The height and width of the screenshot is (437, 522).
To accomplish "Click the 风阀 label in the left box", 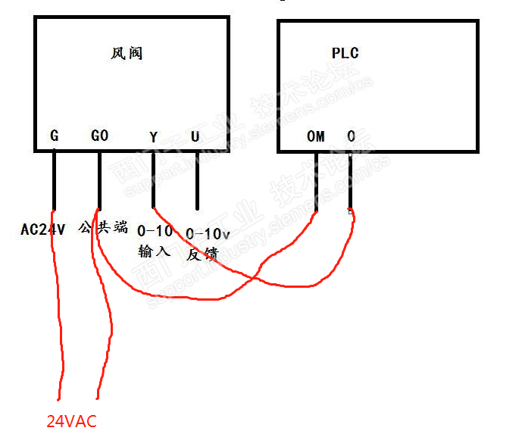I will [x=127, y=53].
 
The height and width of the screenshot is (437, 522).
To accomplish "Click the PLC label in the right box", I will [x=345, y=53].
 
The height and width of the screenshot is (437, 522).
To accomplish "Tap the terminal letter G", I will [x=54, y=136].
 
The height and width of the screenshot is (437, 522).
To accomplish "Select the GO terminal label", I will [x=99, y=136].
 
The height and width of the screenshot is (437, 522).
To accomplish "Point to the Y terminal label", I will [x=154, y=137].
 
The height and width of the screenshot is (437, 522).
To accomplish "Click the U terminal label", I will [x=195, y=137].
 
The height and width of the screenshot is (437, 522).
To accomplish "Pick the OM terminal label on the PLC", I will [x=315, y=137].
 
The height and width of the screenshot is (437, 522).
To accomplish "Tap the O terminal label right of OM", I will [x=351, y=137].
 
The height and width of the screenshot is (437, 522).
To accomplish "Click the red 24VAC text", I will [x=71, y=421].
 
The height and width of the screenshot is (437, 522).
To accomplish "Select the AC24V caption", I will [x=43, y=229].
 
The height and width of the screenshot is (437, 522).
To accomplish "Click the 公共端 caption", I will [x=103, y=227].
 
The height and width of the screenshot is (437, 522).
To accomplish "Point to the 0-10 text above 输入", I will [x=155, y=230].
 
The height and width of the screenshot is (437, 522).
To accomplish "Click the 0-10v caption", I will [x=208, y=234].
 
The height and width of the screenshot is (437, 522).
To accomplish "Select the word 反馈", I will [x=202, y=254].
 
